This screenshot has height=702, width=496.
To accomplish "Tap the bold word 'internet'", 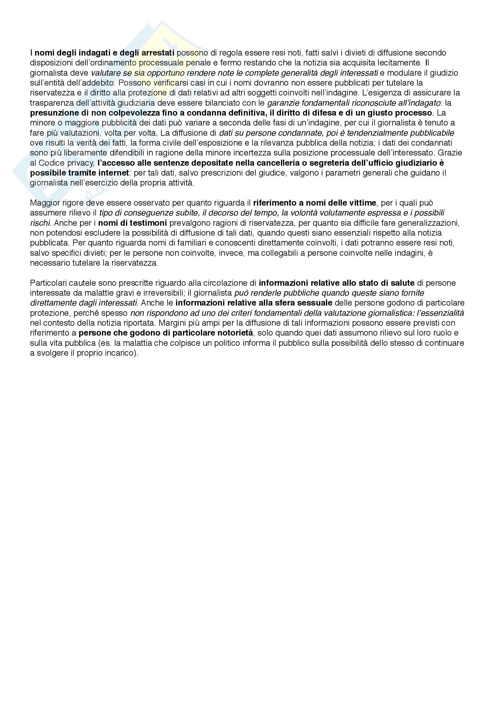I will click(114, 173).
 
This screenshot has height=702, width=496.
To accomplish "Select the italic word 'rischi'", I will click(40, 223).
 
